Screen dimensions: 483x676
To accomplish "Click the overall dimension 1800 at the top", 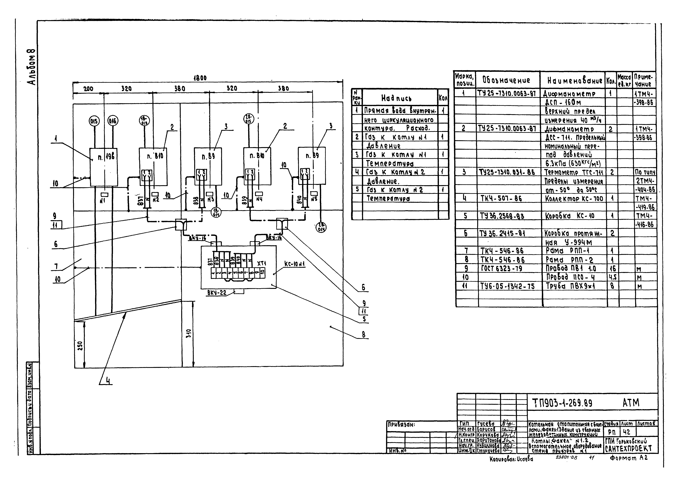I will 200,78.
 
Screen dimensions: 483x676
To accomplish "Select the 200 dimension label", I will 88,89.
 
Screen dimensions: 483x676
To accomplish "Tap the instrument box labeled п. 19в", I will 104,167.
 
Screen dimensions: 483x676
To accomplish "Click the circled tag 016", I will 113,121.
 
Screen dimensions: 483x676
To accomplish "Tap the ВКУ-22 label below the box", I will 217,293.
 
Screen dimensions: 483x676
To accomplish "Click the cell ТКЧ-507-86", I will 501,198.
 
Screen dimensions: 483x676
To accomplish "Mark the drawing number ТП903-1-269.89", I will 562,403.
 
